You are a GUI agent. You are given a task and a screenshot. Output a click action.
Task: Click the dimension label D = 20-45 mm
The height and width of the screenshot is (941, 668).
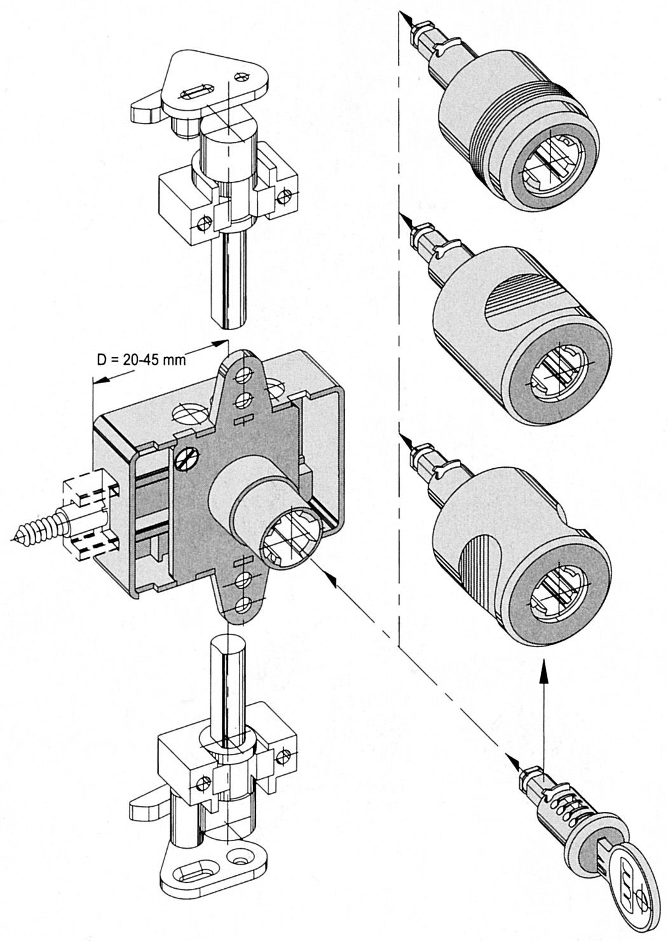[141, 359]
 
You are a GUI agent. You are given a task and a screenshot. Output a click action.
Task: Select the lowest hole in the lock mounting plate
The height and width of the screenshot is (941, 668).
[243, 604]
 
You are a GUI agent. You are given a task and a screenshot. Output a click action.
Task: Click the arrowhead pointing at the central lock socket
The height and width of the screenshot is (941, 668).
[331, 579]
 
